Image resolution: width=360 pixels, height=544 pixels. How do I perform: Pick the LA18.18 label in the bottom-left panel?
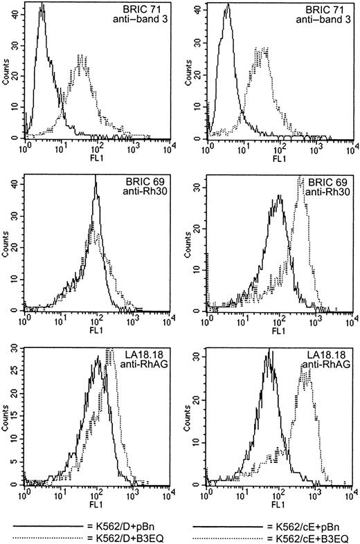tap(147, 354)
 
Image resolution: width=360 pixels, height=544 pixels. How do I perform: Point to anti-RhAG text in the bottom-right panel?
tap(330, 365)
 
